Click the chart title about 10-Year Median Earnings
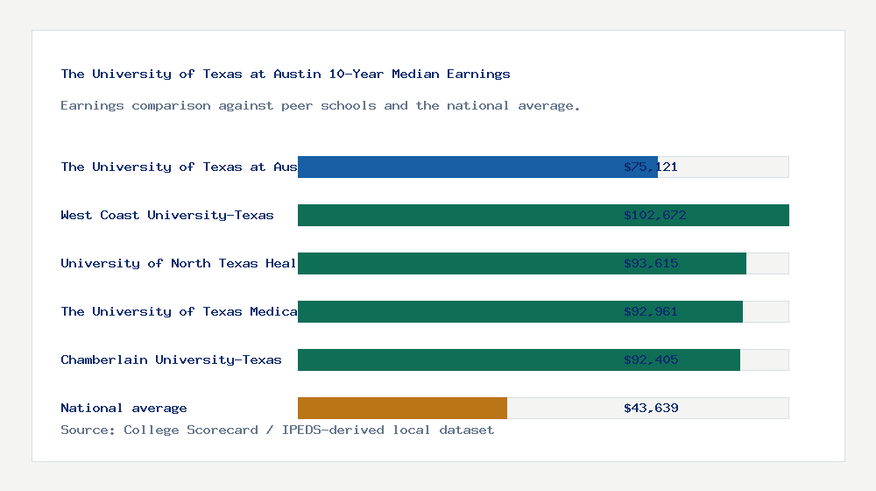pyautogui.click(x=286, y=74)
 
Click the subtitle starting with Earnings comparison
pyautogui.click(x=321, y=105)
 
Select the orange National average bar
pyautogui.click(x=402, y=408)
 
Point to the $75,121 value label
pyautogui.click(x=651, y=167)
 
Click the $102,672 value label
pyautogui.click(x=651, y=215)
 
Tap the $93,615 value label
pyautogui.click(x=651, y=263)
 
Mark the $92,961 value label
pyautogui.click(x=651, y=311)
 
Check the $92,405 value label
pyautogui.click(x=651, y=359)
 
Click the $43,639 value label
pyautogui.click(x=651, y=408)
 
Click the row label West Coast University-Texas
pyautogui.click(x=167, y=215)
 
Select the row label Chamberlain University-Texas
pyautogui.click(x=171, y=359)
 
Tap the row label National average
pyautogui.click(x=124, y=408)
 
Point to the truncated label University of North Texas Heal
pyautogui.click(x=179, y=263)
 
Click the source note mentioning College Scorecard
pyautogui.click(x=277, y=430)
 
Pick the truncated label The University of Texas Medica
pyautogui.click(x=179, y=311)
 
